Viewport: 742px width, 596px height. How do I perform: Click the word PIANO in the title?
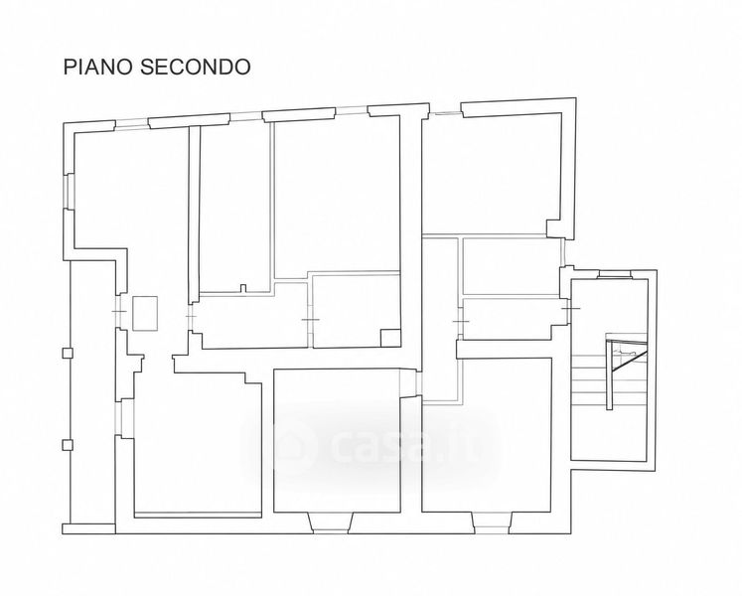tap(97, 67)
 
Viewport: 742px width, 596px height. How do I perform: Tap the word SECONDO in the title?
tap(196, 67)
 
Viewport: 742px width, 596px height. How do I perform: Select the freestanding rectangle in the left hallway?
tap(145, 313)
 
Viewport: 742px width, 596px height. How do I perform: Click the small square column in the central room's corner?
tap(390, 338)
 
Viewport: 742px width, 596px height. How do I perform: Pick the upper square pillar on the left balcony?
tap(68, 353)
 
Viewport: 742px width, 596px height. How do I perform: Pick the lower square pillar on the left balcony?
tap(68, 445)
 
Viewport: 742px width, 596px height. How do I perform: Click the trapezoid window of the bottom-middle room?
tap(331, 522)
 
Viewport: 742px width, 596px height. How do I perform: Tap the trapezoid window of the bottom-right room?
tap(492, 522)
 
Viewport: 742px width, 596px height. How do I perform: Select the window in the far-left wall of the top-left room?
tap(69, 192)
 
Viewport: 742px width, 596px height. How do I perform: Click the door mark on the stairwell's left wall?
tap(570, 308)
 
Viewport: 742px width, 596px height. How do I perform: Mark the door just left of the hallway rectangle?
tap(119, 311)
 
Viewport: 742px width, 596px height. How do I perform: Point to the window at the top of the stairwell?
tap(615, 273)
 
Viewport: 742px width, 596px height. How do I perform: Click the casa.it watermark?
tap(371, 445)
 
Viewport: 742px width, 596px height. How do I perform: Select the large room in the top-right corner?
tap(491, 174)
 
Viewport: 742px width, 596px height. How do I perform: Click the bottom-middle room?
tap(337, 440)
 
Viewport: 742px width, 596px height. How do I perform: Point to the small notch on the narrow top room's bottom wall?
tap(243, 288)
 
